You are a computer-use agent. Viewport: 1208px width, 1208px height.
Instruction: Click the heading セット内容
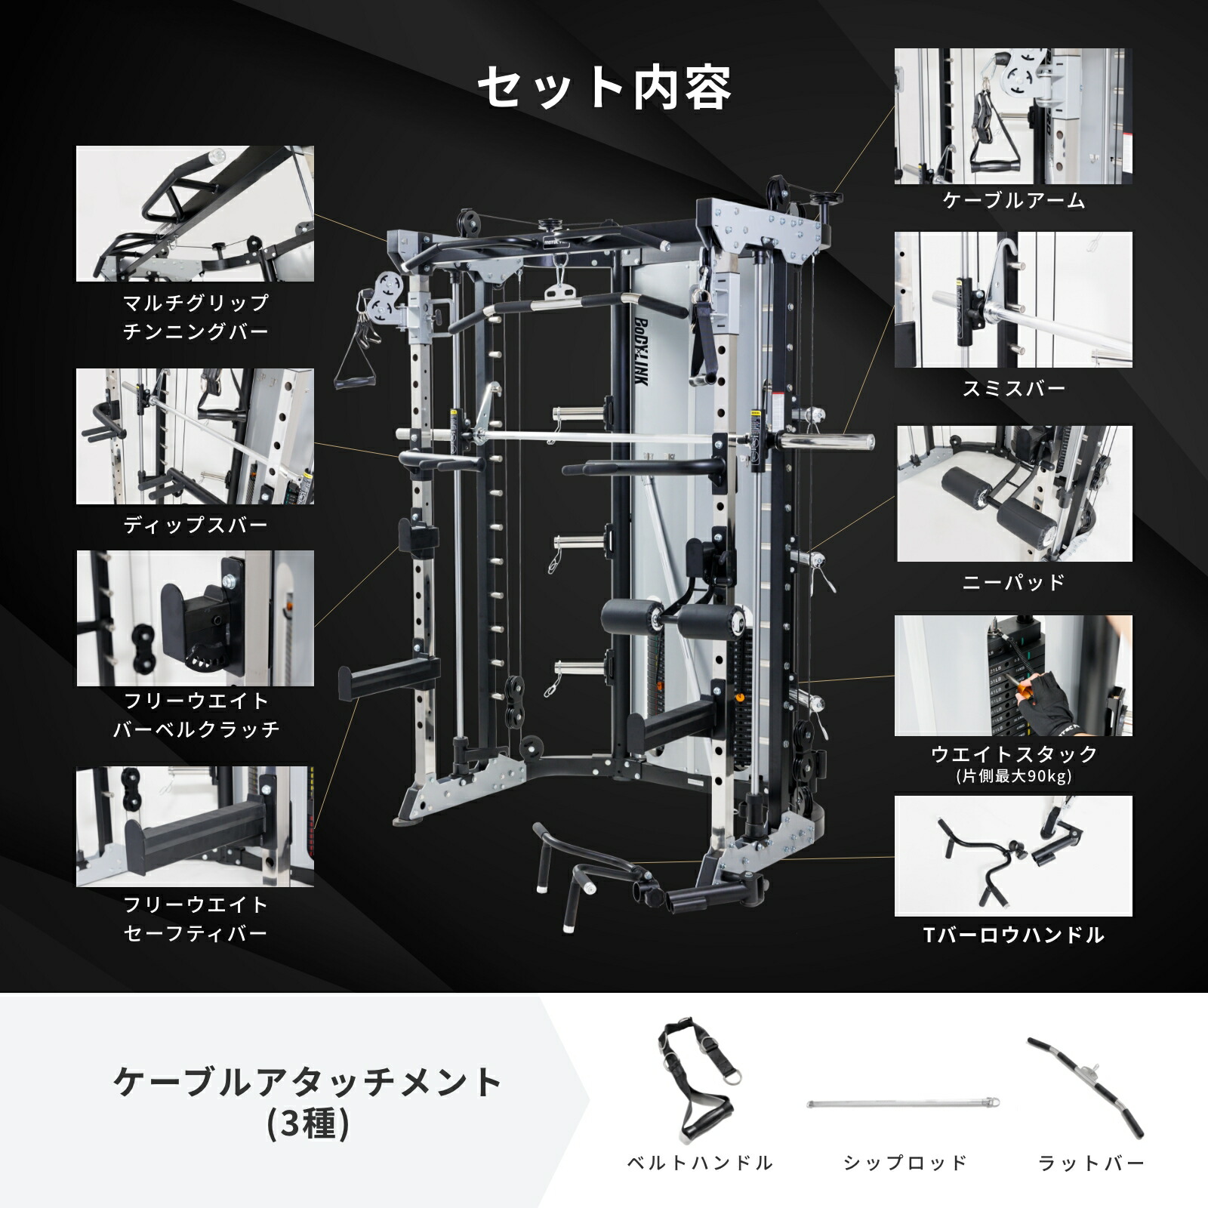click(604, 88)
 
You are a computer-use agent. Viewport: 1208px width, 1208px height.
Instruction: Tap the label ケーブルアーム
click(1013, 201)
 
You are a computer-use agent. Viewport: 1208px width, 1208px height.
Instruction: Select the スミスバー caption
click(1013, 389)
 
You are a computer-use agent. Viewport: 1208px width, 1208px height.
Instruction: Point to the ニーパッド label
click(1013, 582)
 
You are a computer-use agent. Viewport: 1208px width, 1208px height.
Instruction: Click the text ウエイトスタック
click(1013, 753)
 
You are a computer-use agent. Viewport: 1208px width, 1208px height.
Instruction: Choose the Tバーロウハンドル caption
click(1013, 935)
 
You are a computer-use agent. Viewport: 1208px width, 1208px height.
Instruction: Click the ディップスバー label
click(196, 525)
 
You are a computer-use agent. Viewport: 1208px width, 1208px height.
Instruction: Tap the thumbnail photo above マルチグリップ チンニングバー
click(195, 214)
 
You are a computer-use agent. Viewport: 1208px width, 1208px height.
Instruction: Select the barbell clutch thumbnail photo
click(195, 618)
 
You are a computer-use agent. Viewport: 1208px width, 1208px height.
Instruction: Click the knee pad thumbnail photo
click(1014, 494)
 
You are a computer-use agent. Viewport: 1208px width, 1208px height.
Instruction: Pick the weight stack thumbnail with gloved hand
click(1013, 676)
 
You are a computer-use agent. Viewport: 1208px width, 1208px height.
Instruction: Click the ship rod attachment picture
click(904, 1104)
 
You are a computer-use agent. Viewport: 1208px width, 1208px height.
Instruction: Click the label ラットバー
click(1091, 1163)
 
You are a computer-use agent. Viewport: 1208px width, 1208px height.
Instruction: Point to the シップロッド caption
click(904, 1163)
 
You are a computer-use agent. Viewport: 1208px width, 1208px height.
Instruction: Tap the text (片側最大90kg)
click(1013, 776)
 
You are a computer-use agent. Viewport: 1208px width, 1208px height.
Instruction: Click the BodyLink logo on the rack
click(639, 350)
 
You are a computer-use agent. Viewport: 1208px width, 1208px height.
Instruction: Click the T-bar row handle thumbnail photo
click(1013, 855)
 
